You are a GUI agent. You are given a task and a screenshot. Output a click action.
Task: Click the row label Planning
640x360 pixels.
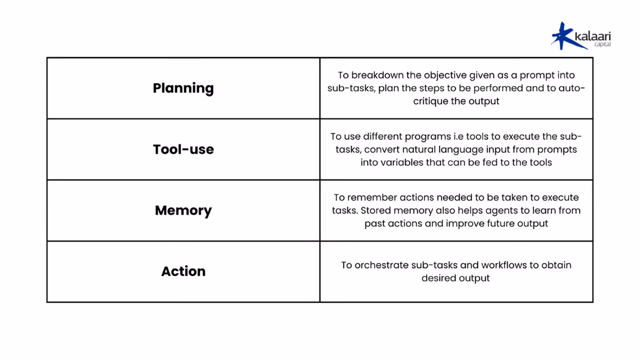183,88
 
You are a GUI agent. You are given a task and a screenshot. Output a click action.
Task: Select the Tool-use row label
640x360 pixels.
183,149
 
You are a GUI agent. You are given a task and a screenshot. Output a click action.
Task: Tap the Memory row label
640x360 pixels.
183,211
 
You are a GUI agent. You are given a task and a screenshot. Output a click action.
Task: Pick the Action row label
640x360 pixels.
183,271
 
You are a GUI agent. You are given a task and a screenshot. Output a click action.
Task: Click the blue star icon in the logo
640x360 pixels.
562,36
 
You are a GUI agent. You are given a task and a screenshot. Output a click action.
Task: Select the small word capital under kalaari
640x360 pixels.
602,44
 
